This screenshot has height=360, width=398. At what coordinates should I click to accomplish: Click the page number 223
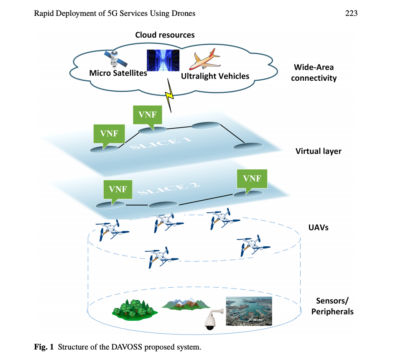[351, 14]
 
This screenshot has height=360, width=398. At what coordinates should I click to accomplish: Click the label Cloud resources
[165, 35]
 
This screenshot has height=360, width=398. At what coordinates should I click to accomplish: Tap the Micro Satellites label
[118, 74]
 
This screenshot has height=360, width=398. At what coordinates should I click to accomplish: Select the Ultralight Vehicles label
[215, 76]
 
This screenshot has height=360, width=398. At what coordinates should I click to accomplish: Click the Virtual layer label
[318, 151]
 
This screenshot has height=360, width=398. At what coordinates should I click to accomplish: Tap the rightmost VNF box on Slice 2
[252, 179]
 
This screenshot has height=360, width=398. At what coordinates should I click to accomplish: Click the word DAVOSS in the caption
[125, 347]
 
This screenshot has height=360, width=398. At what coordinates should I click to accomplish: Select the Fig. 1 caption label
[44, 347]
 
